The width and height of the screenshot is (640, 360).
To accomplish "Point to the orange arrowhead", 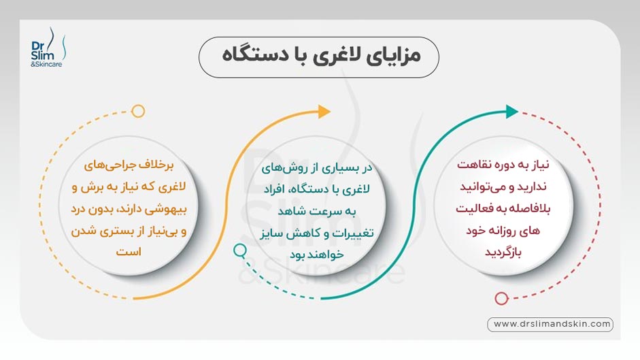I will [324, 112].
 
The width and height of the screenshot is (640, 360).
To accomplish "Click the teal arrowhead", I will [512, 112].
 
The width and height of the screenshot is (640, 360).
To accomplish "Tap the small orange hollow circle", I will [138, 111].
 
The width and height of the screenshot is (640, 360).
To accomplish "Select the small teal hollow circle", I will [239, 250].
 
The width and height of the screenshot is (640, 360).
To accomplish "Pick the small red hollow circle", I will [501, 298].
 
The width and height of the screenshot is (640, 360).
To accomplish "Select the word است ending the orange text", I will [128, 251].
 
